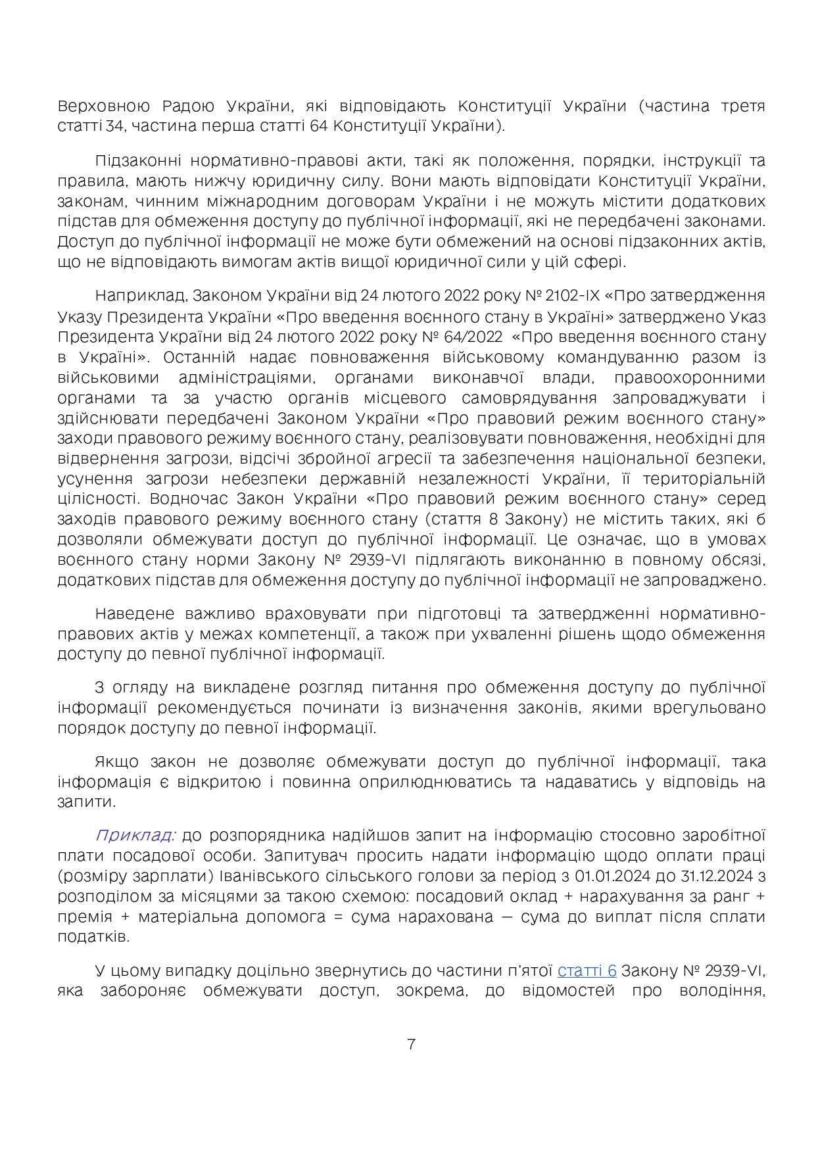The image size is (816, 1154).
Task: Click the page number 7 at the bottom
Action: coord(411,1044)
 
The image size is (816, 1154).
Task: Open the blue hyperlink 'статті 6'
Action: coord(587,971)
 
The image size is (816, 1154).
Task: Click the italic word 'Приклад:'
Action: coord(135,835)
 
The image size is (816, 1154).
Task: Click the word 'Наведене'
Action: coord(134,613)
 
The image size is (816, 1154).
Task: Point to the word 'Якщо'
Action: coord(116,761)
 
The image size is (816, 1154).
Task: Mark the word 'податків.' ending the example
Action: coord(86,937)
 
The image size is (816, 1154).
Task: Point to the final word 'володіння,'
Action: coord(729,990)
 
